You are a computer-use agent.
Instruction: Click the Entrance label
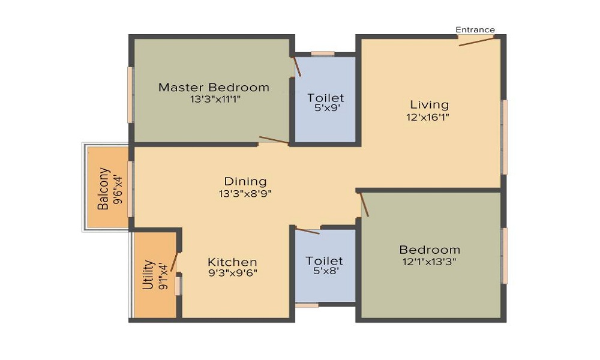click(x=475, y=29)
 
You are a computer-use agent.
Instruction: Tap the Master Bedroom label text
click(x=214, y=88)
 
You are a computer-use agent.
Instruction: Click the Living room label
click(x=430, y=105)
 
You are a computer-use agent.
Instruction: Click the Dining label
click(x=245, y=181)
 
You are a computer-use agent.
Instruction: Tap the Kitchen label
click(x=232, y=262)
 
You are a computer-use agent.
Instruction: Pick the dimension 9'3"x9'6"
click(x=233, y=274)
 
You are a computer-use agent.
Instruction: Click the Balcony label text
click(x=103, y=188)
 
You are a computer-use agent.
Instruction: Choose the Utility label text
click(x=148, y=275)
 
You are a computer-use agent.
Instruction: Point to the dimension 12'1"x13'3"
click(x=430, y=262)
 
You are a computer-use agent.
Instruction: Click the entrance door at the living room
click(x=476, y=40)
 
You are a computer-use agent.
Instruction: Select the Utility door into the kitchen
click(x=175, y=260)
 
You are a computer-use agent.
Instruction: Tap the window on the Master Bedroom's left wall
click(x=130, y=95)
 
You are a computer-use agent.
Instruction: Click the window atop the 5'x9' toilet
click(x=323, y=53)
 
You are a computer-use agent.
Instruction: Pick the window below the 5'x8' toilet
click(x=307, y=305)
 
